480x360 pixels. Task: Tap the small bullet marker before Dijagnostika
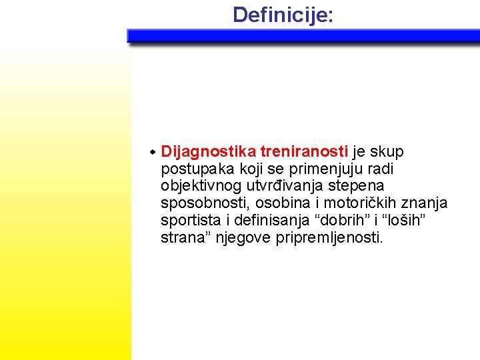click(153, 153)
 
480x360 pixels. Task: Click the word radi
click(381, 169)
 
